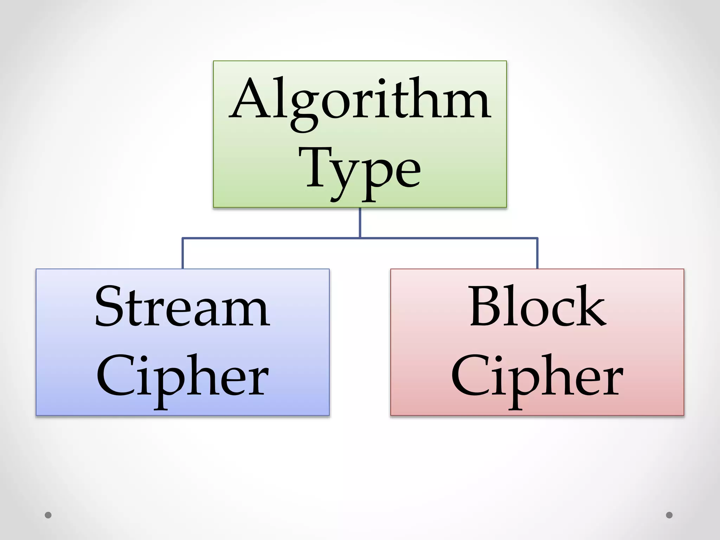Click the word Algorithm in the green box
[x=360, y=100]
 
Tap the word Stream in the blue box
[x=182, y=308]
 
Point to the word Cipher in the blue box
[x=182, y=378]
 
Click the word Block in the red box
[x=538, y=308]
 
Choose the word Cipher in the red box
[x=538, y=378]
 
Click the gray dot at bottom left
[x=48, y=515]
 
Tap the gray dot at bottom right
[x=669, y=515]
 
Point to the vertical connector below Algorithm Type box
[x=360, y=223]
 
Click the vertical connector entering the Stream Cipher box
[x=182, y=253]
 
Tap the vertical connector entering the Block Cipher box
[x=538, y=253]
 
